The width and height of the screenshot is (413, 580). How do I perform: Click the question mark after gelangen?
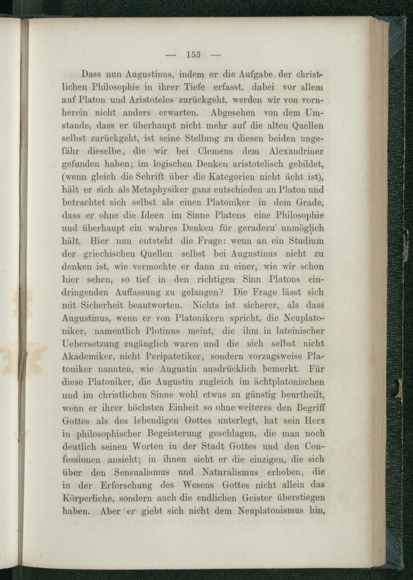221,292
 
